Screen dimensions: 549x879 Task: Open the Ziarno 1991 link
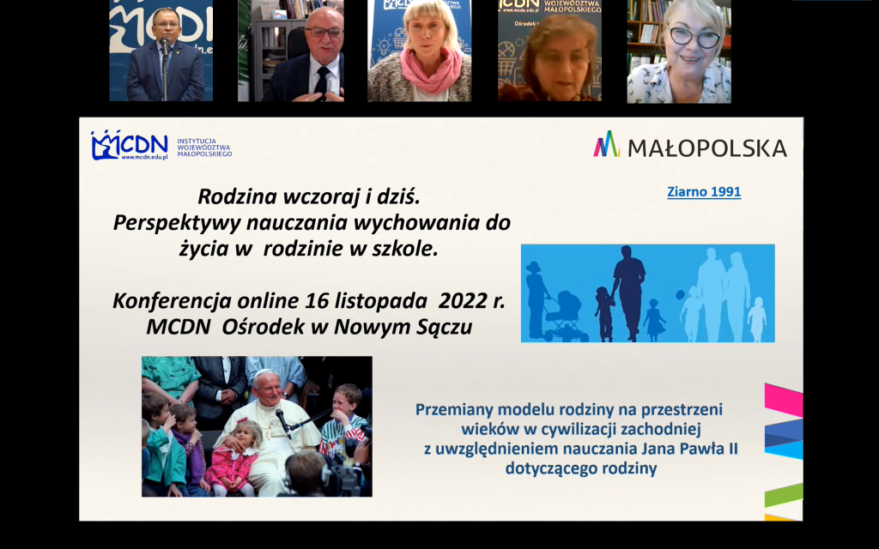click(703, 192)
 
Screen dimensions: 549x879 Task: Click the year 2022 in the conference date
click(463, 301)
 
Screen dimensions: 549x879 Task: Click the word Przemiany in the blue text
click(455, 409)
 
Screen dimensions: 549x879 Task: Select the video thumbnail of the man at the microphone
click(161, 51)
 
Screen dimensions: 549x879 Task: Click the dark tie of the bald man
click(320, 81)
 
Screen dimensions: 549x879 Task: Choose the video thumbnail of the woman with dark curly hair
click(549, 51)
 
